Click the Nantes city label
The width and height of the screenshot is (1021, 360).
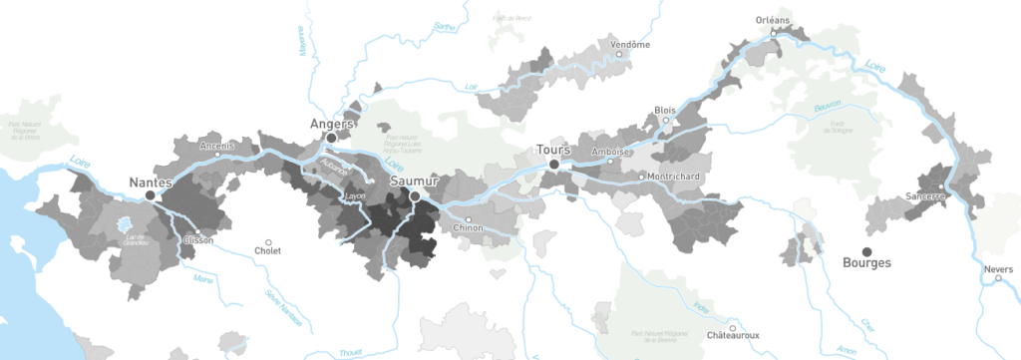click(151, 182)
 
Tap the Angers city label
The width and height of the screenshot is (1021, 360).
click(333, 124)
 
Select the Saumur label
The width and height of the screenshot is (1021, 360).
click(411, 181)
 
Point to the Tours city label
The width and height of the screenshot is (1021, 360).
click(552, 150)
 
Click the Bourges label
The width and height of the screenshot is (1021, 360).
click(866, 263)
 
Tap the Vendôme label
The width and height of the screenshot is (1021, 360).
click(630, 44)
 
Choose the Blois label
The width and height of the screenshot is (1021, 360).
click(664, 110)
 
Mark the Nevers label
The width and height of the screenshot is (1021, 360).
click(999, 268)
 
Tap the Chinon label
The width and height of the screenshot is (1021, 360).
click(468, 228)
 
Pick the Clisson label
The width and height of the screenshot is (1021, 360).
click(195, 240)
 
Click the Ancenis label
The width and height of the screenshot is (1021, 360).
click(216, 146)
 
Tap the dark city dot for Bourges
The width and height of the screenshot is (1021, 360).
click(866, 250)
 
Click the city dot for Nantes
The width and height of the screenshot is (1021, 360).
click(151, 196)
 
